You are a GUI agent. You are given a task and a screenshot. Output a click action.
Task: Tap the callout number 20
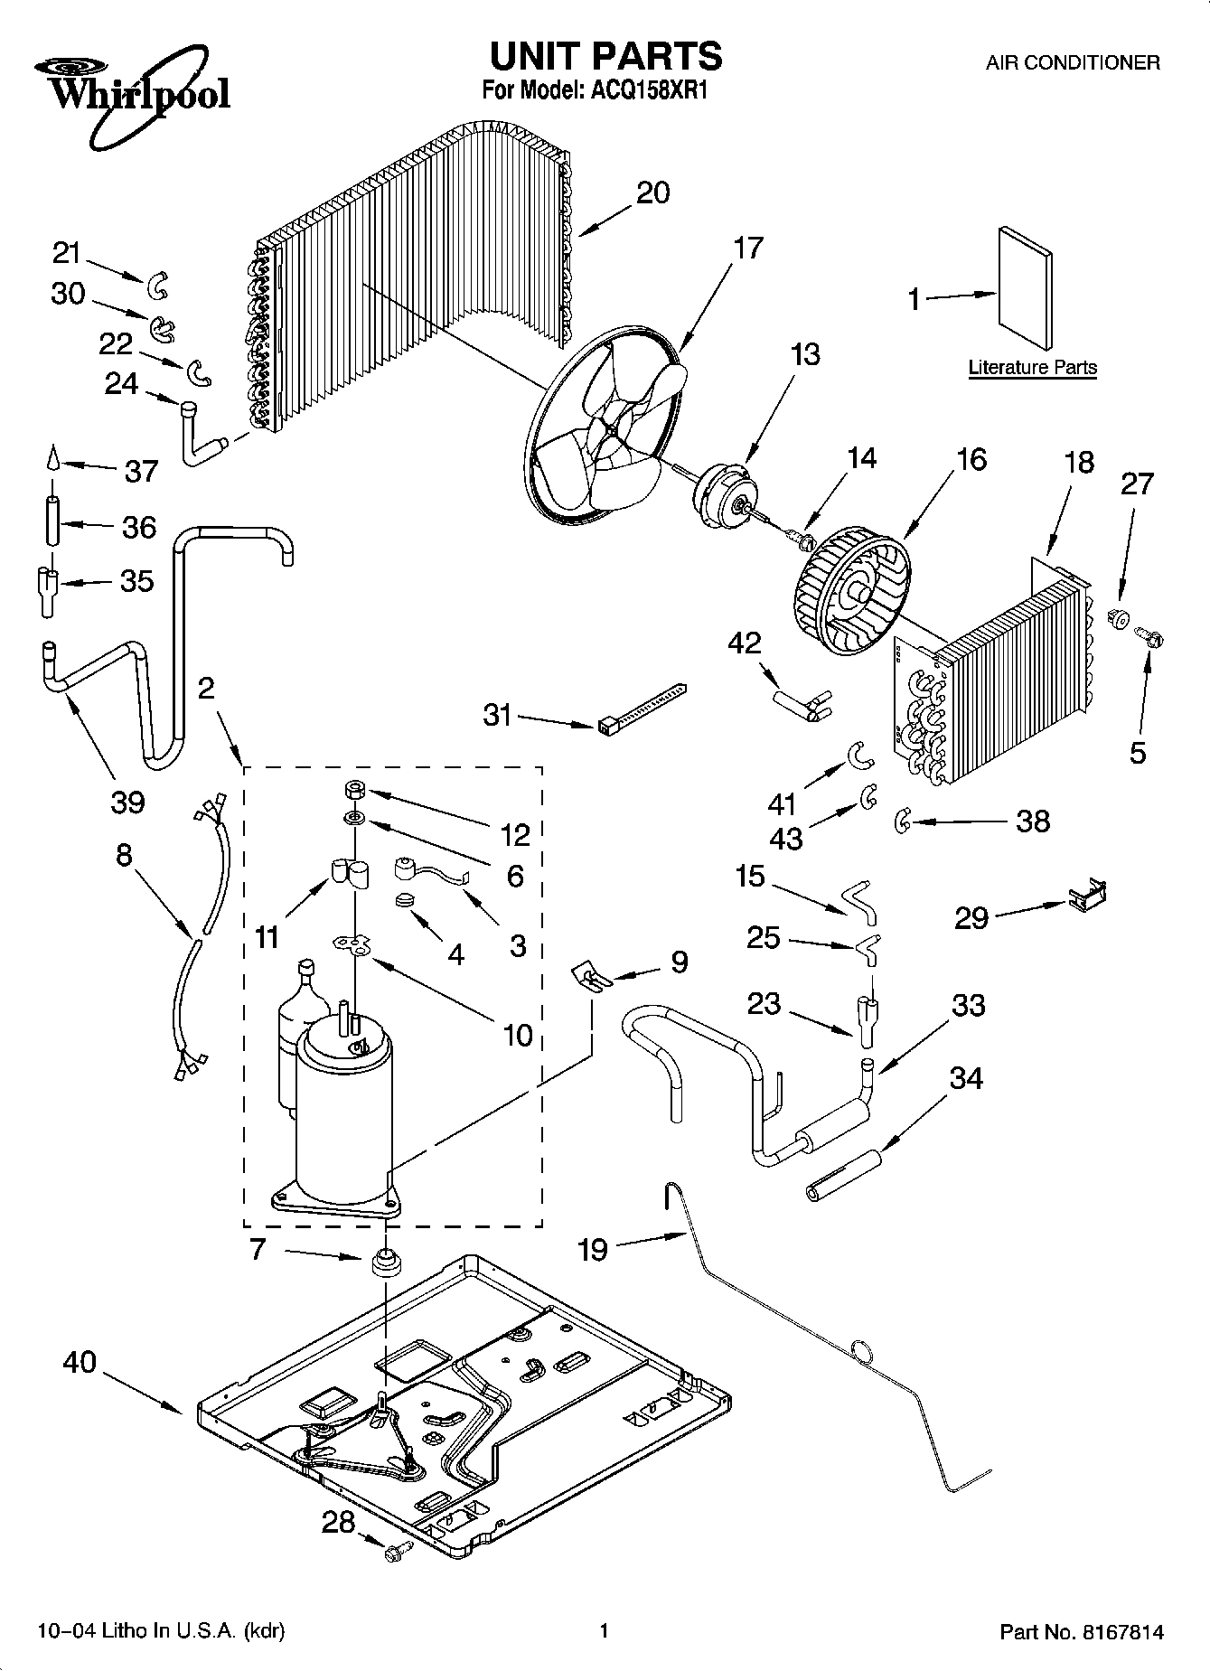[x=653, y=192]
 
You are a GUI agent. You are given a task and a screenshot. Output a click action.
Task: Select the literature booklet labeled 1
[x=1025, y=287]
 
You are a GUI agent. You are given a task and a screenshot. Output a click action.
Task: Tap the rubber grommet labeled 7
[x=387, y=1261]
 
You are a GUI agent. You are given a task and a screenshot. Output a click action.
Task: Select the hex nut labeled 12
[x=354, y=790]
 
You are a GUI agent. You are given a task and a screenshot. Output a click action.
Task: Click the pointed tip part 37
[x=53, y=460]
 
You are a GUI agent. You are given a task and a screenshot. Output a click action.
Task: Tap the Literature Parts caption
[x=1032, y=368]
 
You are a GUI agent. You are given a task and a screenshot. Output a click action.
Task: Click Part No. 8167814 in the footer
[x=1081, y=1632]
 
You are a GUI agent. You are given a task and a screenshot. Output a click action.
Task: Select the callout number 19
[x=593, y=1250]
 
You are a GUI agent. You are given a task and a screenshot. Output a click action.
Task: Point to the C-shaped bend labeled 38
[x=902, y=821]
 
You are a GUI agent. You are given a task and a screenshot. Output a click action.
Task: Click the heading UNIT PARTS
[x=605, y=56]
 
